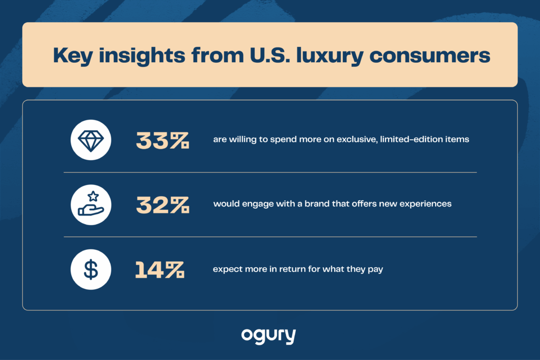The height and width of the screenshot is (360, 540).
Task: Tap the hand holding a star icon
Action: click(x=91, y=205)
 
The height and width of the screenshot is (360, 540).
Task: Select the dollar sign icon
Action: click(x=91, y=269)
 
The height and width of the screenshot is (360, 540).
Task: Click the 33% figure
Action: click(x=162, y=140)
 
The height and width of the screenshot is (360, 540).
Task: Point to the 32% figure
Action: click(x=162, y=205)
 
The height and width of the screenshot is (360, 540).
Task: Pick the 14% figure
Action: click(x=159, y=269)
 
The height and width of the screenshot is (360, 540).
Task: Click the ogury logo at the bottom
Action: click(x=268, y=336)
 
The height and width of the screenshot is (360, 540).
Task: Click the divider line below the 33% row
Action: click(x=270, y=172)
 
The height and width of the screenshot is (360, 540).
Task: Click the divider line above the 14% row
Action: click(x=270, y=237)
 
